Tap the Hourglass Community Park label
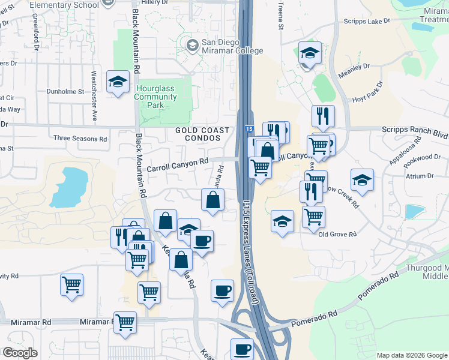[155, 97]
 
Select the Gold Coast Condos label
[202, 134]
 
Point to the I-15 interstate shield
[249, 130]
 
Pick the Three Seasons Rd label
[80, 139]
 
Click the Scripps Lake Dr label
[367, 20]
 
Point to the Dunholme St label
[65, 92]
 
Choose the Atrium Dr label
[422, 176]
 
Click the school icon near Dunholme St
[118, 82]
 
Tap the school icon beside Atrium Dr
[362, 181]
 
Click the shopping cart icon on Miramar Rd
[125, 322]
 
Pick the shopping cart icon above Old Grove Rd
[313, 217]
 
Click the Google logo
[20, 352]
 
